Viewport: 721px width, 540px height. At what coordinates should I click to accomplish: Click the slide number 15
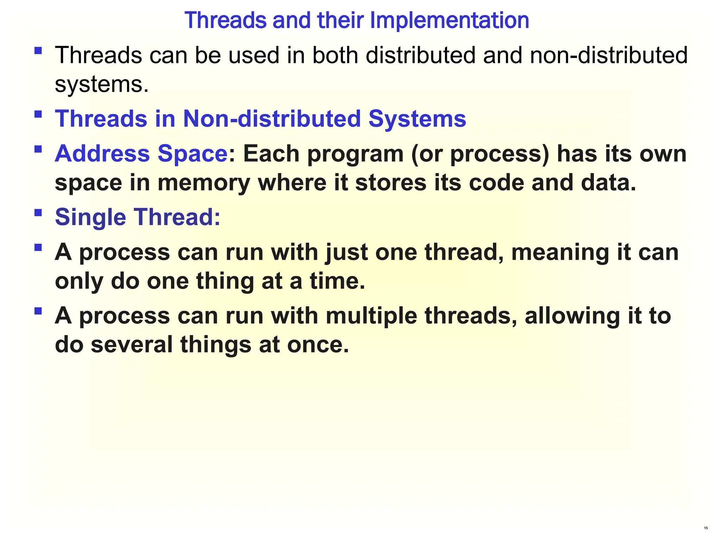tap(706, 528)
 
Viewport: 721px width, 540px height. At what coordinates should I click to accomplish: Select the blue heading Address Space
tap(141, 154)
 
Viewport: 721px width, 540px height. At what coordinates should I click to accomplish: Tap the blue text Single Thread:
tap(138, 217)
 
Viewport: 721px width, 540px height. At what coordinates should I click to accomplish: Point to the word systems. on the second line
tap(102, 84)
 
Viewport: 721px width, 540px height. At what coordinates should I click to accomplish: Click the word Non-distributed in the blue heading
tap(272, 118)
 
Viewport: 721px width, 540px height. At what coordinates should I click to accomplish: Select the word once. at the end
tap(318, 344)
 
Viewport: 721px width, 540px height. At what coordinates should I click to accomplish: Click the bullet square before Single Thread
tap(38, 212)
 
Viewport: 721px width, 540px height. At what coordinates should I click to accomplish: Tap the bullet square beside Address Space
tap(38, 149)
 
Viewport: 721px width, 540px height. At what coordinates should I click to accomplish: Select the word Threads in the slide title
tap(225, 20)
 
